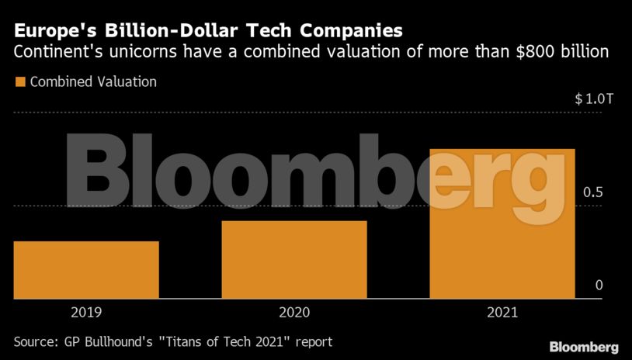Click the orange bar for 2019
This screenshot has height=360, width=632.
(86, 269)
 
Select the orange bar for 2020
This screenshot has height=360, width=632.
(293, 259)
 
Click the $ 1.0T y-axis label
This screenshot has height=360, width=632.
(589, 99)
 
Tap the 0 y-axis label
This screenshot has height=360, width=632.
(599, 286)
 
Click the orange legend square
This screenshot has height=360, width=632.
(19, 81)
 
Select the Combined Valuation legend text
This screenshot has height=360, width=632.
(93, 81)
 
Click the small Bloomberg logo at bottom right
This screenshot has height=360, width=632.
(583, 346)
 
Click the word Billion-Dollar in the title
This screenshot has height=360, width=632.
(162, 32)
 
